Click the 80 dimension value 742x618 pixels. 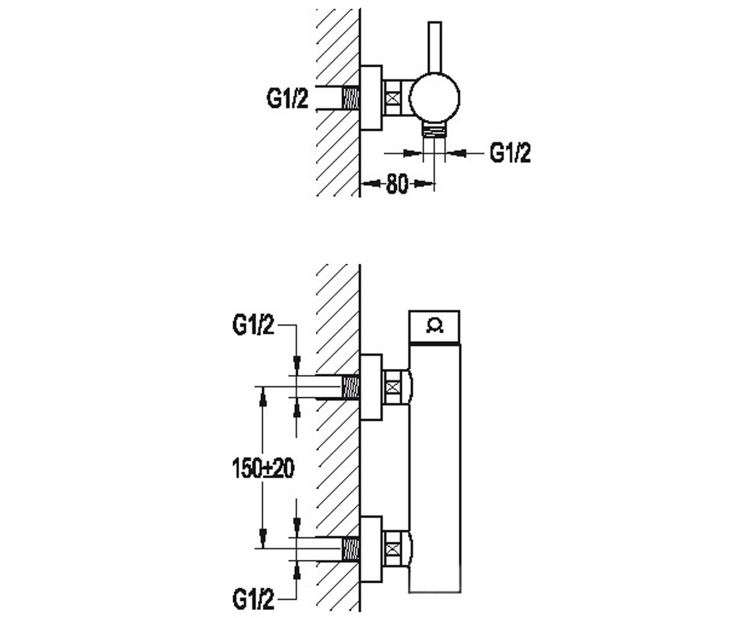396,184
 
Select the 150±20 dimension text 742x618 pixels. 263,468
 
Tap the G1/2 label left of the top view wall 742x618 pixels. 288,98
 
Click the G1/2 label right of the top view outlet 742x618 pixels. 510,153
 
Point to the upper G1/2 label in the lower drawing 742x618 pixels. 254,324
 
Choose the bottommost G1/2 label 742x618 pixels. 254,589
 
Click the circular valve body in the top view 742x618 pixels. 434,98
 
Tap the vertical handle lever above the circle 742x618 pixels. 435,48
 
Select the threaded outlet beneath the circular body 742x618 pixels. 434,129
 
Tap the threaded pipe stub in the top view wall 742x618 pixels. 351,98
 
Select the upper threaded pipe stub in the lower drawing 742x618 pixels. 351,387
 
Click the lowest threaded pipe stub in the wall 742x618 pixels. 351,549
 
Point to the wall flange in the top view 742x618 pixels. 372,98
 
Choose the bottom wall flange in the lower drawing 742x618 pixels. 372,549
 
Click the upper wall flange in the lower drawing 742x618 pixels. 372,387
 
